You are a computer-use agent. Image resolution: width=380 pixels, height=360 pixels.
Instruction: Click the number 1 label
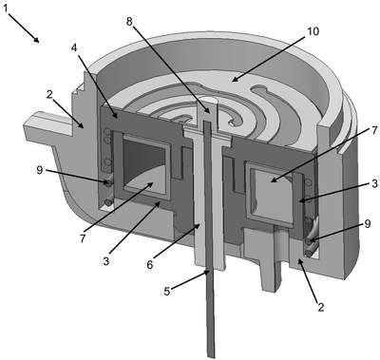[x=5, y=9]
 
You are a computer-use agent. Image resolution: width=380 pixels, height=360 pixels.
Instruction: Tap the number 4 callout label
[x=74, y=47]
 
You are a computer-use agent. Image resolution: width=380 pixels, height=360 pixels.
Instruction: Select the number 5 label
[x=167, y=291]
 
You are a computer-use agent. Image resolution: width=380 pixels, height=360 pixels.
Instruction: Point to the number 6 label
[x=150, y=265]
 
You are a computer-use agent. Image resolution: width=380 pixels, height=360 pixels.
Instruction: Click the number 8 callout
[x=130, y=22]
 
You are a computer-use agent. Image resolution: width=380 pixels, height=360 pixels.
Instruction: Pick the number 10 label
[x=313, y=31]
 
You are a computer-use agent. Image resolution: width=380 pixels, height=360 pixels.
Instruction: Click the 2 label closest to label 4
[x=49, y=95]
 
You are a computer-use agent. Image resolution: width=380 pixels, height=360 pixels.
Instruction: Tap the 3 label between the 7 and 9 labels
[x=375, y=183]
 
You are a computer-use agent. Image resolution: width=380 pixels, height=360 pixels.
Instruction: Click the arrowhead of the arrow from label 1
[x=37, y=40]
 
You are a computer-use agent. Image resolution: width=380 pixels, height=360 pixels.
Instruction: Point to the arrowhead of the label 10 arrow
[x=234, y=79]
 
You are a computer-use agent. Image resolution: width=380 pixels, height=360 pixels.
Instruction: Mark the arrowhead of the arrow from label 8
[x=207, y=111]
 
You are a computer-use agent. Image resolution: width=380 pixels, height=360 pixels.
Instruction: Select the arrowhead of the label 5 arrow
[x=206, y=272]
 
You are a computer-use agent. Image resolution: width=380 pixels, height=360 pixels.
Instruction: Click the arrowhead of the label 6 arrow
[x=197, y=226]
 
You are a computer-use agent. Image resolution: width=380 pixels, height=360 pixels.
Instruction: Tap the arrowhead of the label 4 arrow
[x=117, y=117]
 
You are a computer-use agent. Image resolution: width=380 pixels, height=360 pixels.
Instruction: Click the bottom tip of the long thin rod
[x=211, y=356]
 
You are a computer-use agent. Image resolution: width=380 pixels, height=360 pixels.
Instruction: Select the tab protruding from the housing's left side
[x=47, y=126]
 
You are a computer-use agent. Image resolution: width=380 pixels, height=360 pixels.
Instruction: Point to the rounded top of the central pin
[x=207, y=101]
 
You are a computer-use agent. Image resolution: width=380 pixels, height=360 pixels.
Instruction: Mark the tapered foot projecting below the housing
[x=271, y=272]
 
